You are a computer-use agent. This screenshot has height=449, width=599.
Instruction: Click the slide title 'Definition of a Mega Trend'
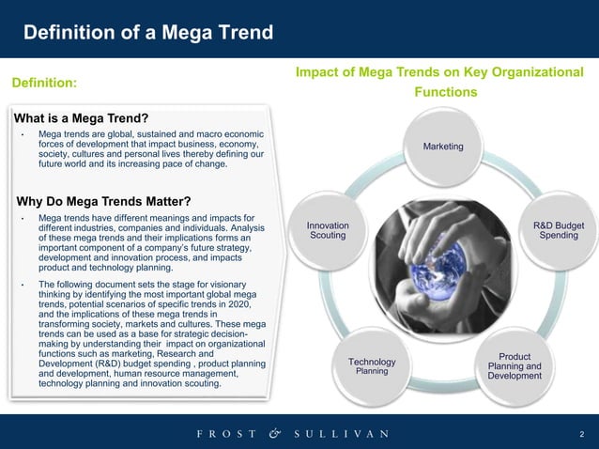click(x=148, y=34)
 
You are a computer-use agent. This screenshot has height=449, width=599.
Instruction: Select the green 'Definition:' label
click(x=44, y=84)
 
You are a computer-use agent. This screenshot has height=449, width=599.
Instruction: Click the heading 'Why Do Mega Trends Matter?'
click(x=104, y=201)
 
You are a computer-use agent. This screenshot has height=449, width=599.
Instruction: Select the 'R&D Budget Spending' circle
click(x=558, y=230)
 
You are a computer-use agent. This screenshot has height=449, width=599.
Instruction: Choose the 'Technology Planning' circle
click(x=372, y=366)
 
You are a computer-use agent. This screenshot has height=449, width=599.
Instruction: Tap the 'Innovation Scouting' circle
click(x=328, y=230)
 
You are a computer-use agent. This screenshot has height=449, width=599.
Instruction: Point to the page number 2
click(x=582, y=434)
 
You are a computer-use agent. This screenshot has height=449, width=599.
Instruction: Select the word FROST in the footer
click(x=224, y=434)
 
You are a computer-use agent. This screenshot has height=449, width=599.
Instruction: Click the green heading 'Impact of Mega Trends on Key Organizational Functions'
click(x=438, y=82)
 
